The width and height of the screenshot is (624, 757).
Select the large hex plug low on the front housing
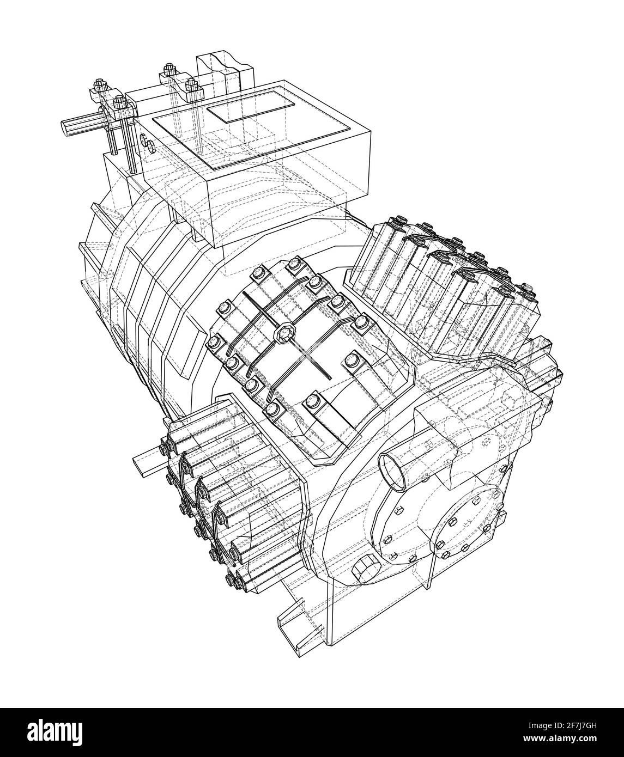(x=365, y=571)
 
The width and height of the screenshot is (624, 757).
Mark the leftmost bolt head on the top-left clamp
(x=100, y=86)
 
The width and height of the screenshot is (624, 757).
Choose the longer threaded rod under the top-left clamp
(x=130, y=143)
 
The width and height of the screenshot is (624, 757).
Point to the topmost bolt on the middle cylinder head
(x=295, y=265)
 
